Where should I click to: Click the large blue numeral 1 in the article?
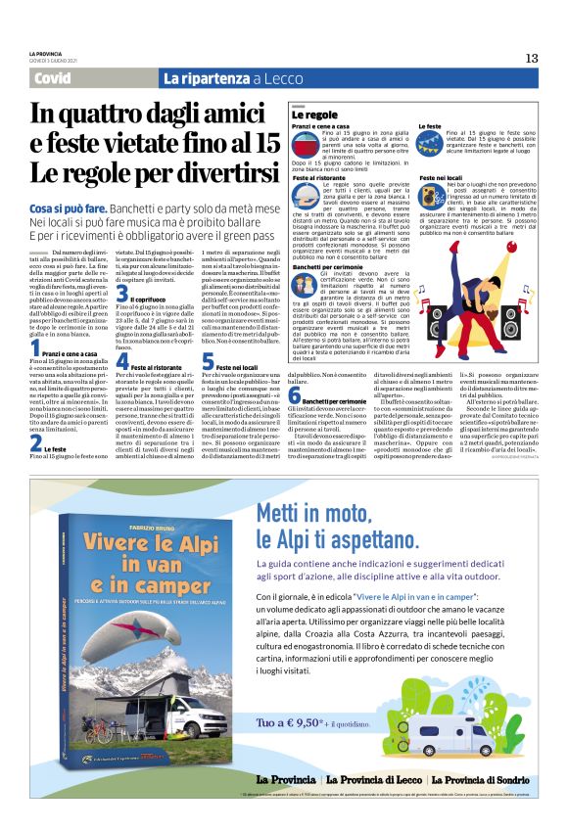click(x=34, y=346)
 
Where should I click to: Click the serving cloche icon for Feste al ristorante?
click(x=303, y=193)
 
